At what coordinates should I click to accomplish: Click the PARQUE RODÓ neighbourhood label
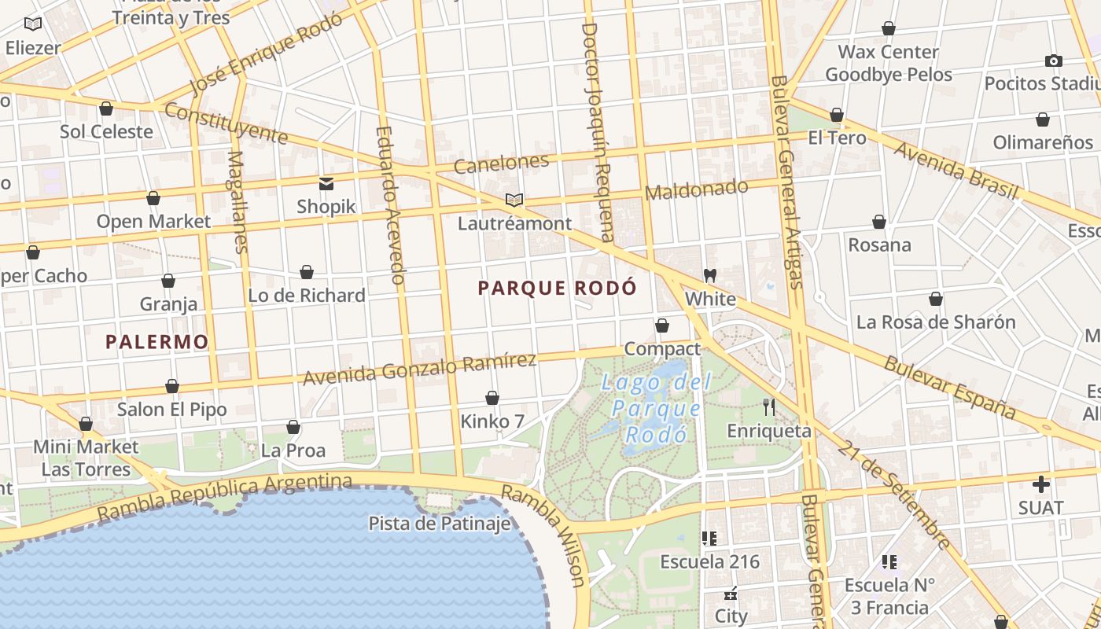pos(557,288)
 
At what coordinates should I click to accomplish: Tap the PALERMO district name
pos(157,341)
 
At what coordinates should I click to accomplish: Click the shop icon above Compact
pos(662,326)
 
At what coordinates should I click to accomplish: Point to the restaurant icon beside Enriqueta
pos(769,406)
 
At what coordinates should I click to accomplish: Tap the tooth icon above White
pos(710,275)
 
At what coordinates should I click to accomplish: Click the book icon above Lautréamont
pos(514,200)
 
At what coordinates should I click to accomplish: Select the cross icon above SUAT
pos(1041,484)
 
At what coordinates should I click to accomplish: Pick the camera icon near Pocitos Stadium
pos(1054,61)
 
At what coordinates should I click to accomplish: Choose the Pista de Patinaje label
pos(440,523)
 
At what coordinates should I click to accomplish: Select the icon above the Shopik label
pos(326,184)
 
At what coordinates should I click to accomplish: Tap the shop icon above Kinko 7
pos(492,398)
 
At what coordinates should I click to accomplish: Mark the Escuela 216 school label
pos(709,561)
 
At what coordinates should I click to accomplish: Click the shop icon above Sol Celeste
pos(106,108)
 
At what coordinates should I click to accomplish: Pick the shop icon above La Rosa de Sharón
pos(936,299)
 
